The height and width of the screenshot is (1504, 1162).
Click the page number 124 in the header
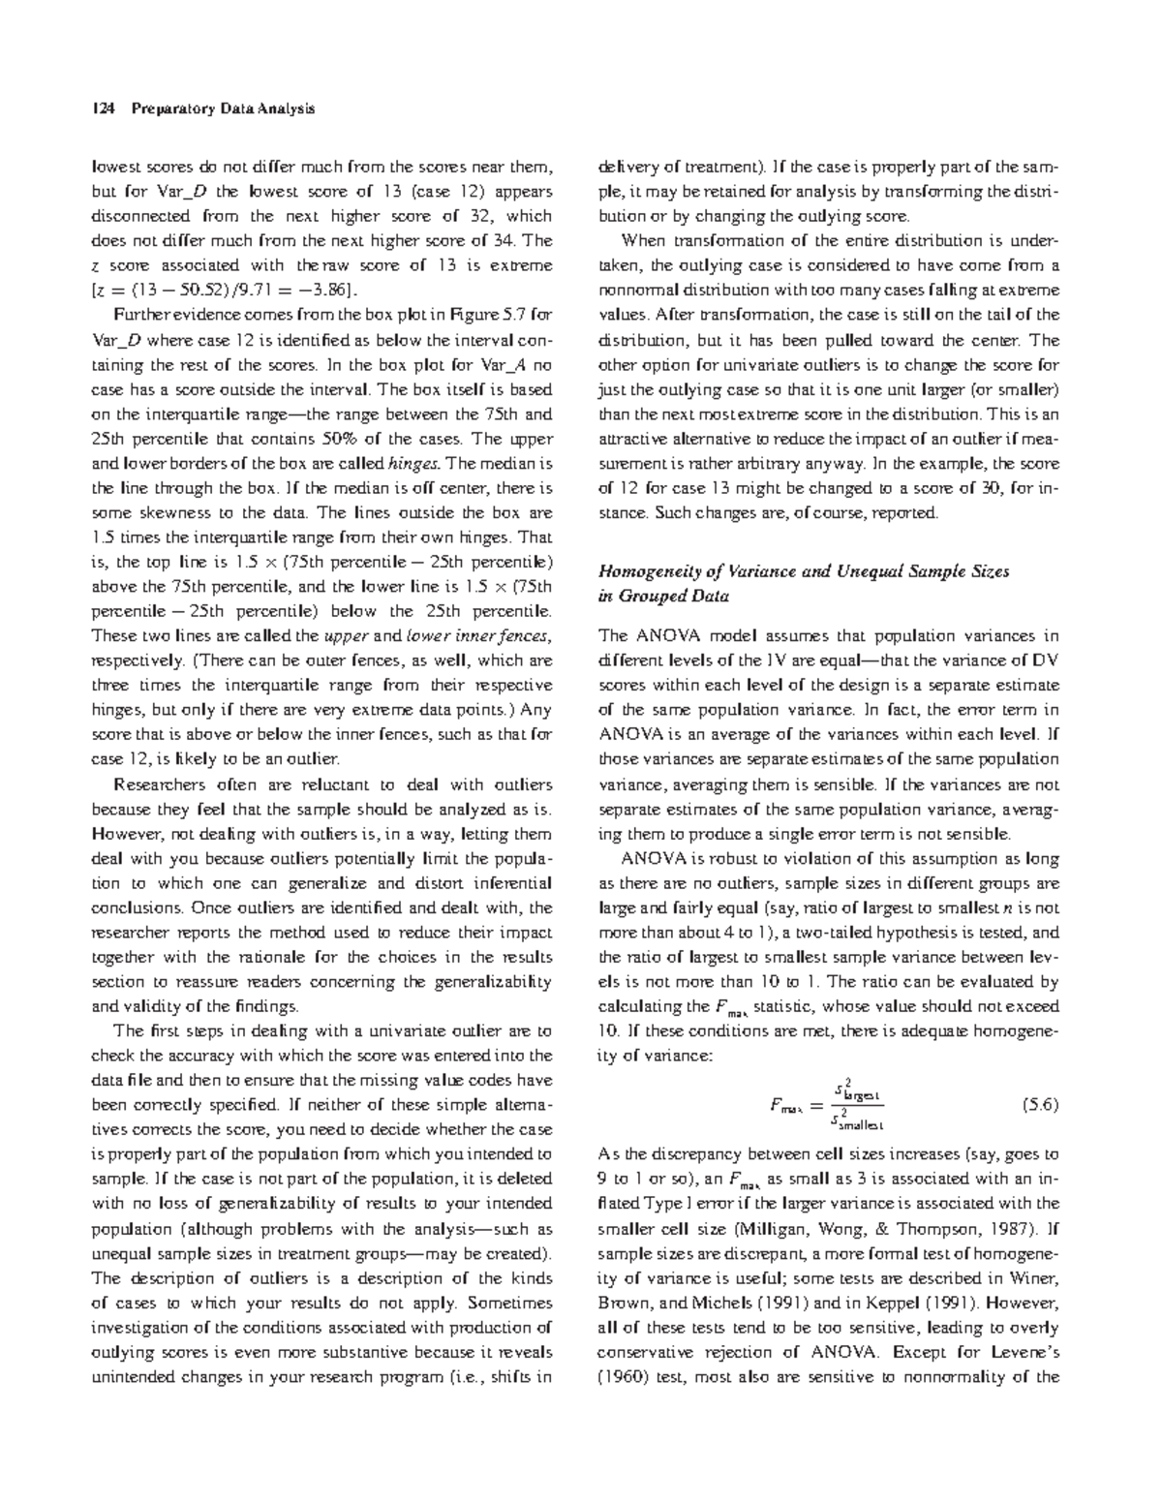click(101, 108)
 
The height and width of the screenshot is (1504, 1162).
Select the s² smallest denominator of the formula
click(858, 1121)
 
